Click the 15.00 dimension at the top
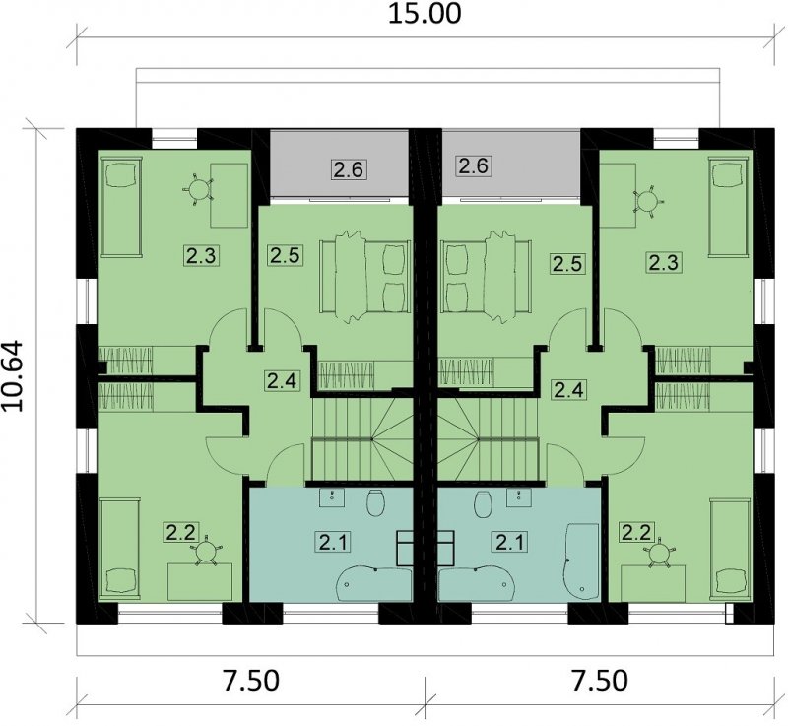click(425, 14)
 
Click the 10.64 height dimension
click(13, 376)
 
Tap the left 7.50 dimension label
click(250, 682)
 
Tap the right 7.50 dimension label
click(600, 682)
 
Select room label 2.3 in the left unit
click(201, 256)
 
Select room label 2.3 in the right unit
click(663, 262)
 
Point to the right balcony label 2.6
click(474, 165)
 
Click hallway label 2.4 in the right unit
click(569, 390)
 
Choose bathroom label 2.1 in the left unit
click(333, 542)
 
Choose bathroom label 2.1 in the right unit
click(510, 542)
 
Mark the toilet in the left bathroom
click(375, 502)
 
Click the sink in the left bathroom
click(332, 496)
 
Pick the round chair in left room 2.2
click(206, 552)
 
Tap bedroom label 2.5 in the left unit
click(285, 255)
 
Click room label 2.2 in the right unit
click(637, 533)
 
